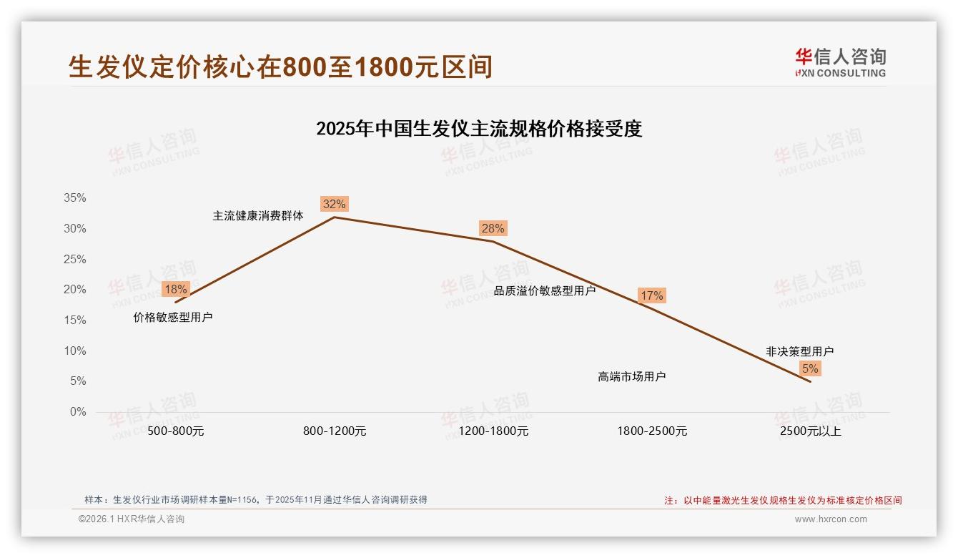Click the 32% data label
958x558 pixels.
334,204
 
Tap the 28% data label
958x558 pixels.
493,228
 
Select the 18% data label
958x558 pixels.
175,289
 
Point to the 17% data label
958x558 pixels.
651,295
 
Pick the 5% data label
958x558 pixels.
810,368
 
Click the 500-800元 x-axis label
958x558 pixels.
176,431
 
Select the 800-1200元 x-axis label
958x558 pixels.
335,431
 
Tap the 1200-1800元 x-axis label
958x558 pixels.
493,431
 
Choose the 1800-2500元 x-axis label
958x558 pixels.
652,431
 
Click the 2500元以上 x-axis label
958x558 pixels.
811,431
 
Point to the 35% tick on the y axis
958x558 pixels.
74,198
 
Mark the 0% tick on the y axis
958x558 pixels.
77,412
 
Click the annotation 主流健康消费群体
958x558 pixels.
258,215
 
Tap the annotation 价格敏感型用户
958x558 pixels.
173,317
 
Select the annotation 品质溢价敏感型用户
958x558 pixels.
545,290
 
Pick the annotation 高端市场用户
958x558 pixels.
632,376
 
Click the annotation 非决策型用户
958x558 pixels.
799,351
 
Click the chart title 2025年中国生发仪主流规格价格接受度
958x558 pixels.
479,129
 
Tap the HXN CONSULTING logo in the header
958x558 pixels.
840,62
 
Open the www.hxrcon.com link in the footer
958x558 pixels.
831,519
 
